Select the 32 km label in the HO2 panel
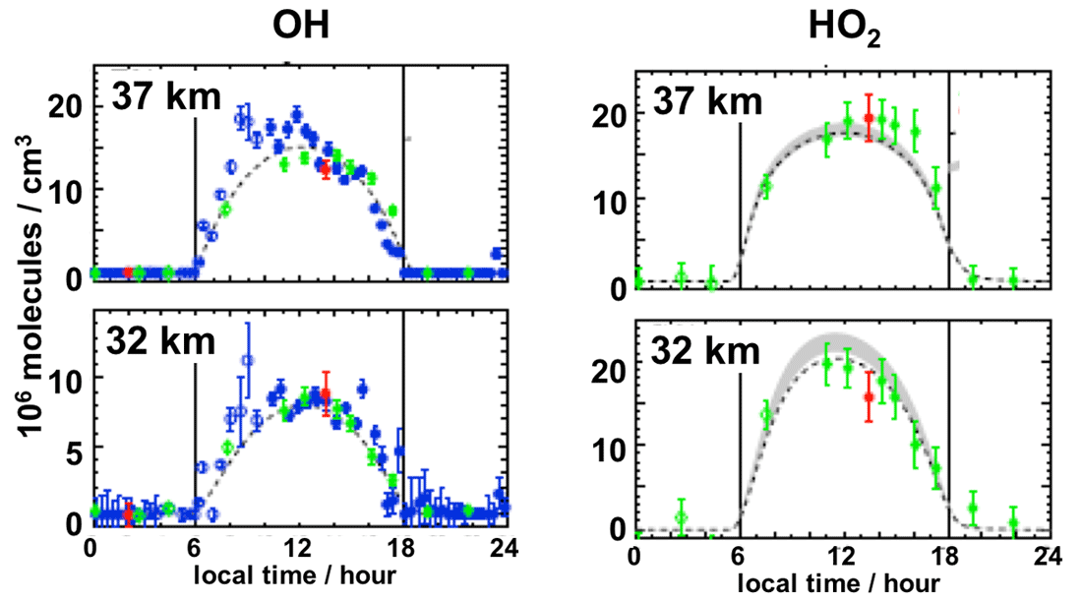tap(703, 351)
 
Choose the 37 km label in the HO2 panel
tap(702, 101)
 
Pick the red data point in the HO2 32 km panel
tap(868, 396)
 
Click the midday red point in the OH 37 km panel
tap(326, 168)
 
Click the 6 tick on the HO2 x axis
tap(740, 558)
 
